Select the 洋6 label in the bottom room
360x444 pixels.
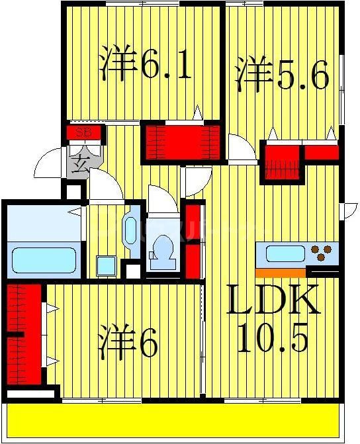[x=130, y=343]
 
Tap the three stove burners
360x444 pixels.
[x=324, y=252]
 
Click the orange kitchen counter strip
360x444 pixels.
[x=280, y=272]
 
